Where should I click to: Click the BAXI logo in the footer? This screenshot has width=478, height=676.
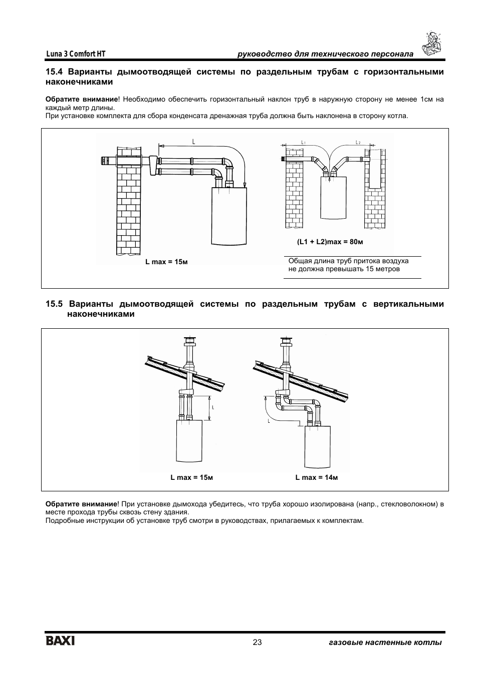coord(61,641)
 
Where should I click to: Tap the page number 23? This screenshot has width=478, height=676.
coord(258,642)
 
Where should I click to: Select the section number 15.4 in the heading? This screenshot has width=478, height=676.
coord(54,72)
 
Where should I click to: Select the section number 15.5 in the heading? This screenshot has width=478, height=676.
coord(54,304)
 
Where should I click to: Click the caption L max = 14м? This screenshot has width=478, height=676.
coord(317,477)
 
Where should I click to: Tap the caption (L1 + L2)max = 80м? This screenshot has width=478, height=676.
coord(330,242)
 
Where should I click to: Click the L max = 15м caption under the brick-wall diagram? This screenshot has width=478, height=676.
coord(166,262)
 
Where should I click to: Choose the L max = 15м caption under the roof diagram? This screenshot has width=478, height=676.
coord(192,477)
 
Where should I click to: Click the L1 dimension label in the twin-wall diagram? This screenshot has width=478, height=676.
coord(304,143)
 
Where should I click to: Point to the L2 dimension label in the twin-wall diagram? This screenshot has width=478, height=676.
coord(358,143)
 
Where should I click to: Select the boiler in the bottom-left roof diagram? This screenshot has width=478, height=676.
coord(189,441)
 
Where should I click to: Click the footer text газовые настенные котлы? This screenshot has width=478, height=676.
coord(385,642)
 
